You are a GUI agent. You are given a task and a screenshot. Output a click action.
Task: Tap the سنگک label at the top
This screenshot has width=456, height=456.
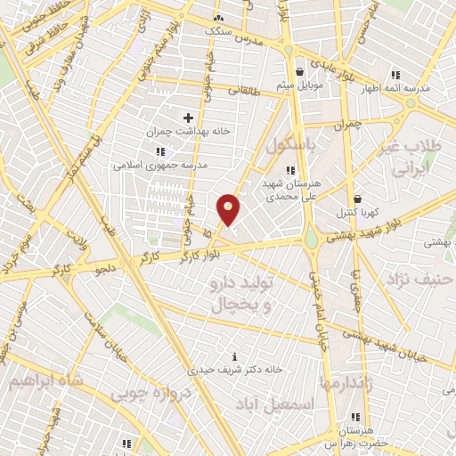[218, 30]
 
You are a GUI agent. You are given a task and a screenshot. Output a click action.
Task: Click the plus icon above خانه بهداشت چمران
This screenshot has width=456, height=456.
[188, 118]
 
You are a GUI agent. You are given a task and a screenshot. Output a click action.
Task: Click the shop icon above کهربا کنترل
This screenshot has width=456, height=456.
[357, 199]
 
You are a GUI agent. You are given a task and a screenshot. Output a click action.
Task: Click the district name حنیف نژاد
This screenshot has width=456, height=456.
[420, 280]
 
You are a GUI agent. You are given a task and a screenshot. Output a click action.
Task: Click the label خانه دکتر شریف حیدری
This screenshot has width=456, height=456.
[236, 369]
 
